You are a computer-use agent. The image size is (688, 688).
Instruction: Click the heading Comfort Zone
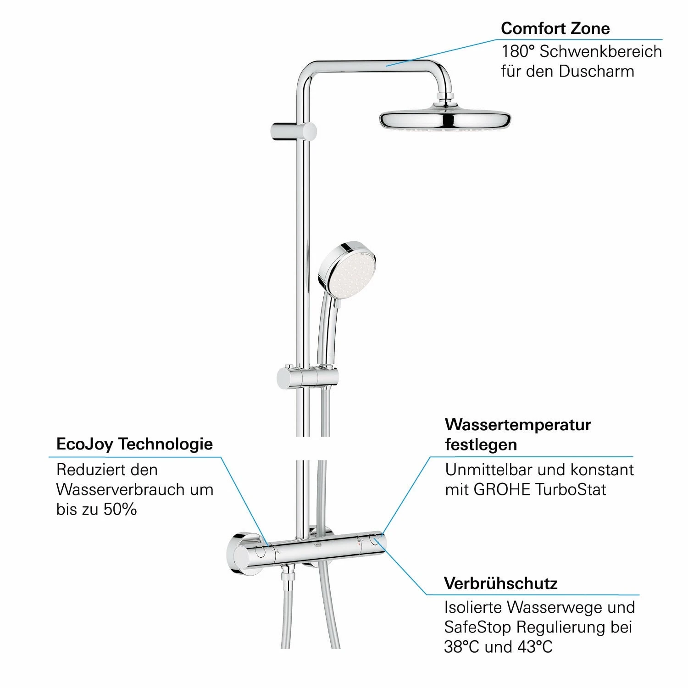pyautogui.click(x=555, y=28)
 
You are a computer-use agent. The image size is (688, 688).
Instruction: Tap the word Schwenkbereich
pyautogui.click(x=600, y=51)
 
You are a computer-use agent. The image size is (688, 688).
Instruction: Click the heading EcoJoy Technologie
pyautogui.click(x=134, y=444)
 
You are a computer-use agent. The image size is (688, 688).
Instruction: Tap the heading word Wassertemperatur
pyautogui.click(x=518, y=425)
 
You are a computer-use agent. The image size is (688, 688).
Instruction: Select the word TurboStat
pyautogui.click(x=571, y=489)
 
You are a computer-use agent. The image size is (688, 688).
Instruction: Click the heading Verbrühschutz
pyautogui.click(x=501, y=583)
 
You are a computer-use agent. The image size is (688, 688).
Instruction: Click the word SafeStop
pyautogui.click(x=477, y=627)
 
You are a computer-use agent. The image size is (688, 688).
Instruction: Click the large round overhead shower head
pyautogui.click(x=445, y=119)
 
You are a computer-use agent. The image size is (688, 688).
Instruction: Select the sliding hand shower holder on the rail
pyautogui.click(x=307, y=377)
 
